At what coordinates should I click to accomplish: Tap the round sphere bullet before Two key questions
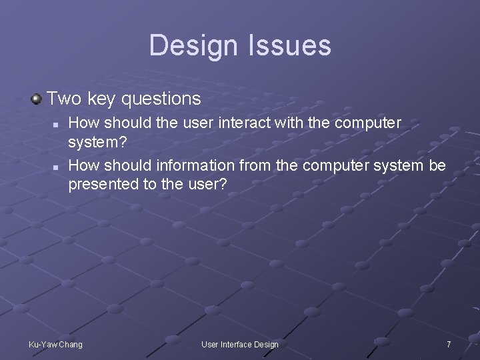pos(37,99)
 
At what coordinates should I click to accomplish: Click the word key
pos(101,99)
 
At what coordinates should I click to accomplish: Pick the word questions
pos(161,99)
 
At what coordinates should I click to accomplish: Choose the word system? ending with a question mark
pos(97,143)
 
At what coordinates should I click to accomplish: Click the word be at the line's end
pos(437,165)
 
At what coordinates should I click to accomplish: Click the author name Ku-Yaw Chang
pos(55,344)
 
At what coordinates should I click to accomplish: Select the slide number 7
pos(449,344)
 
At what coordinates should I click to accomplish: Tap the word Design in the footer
pos(266,344)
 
